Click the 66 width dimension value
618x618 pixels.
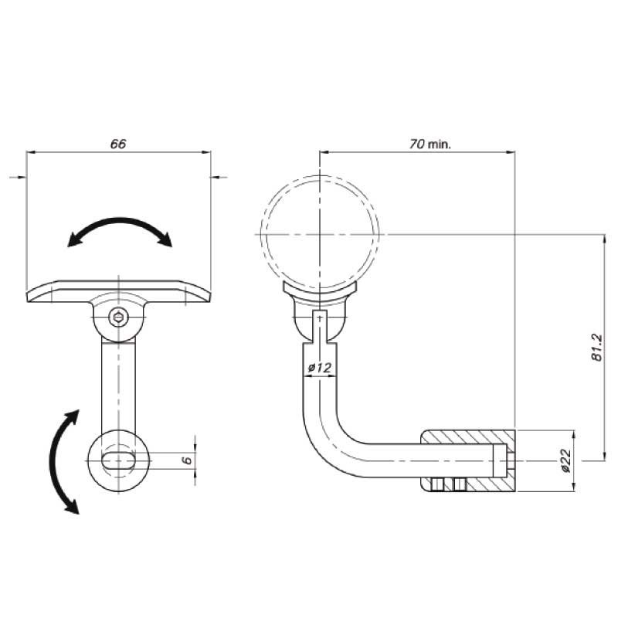click(x=118, y=144)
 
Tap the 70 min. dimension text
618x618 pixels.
click(x=430, y=144)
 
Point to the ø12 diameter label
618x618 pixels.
click(x=320, y=368)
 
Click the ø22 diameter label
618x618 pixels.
click(x=565, y=460)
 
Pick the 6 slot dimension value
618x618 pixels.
click(x=188, y=460)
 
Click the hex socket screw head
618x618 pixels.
click(x=118, y=317)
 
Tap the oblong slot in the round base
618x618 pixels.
click(x=118, y=460)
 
